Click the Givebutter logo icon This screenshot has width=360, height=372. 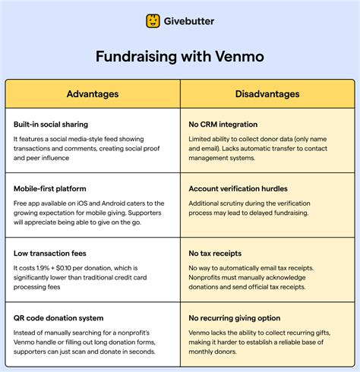(154, 20)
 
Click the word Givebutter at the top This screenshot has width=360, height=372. (188, 21)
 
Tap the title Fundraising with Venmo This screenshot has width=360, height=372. (180, 57)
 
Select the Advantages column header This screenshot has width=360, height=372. (93, 94)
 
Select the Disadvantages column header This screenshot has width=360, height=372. (267, 94)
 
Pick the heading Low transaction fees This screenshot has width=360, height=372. (50, 252)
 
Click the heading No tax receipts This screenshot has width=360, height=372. (216, 252)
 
